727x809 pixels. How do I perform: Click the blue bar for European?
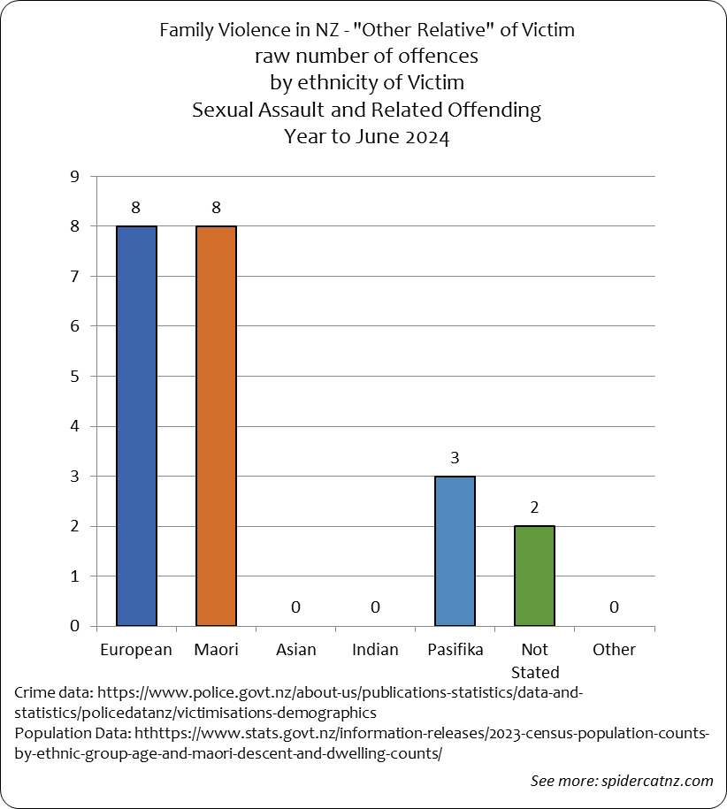pos(136,425)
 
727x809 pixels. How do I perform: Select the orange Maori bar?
pos(216,425)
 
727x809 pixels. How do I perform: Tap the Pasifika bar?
pos(455,550)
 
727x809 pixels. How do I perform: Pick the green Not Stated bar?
pos(534,575)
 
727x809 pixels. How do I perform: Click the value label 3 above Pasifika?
pos(455,458)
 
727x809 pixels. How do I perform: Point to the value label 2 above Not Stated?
pos(534,508)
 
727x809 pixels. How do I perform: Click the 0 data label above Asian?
pos(295,607)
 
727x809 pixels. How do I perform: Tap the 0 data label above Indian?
pos(375,607)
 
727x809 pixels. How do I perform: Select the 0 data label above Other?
pos(614,607)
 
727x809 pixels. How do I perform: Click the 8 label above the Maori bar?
pos(216,208)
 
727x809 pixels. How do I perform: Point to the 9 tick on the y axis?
pos(74,177)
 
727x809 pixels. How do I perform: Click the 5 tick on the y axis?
pos(74,376)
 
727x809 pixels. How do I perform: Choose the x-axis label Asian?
pos(295,650)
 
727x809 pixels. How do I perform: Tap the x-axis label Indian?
pos(375,650)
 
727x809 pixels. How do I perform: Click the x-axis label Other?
pos(614,650)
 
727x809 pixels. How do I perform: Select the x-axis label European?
pos(136,650)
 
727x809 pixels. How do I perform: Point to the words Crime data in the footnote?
pos(52,691)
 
